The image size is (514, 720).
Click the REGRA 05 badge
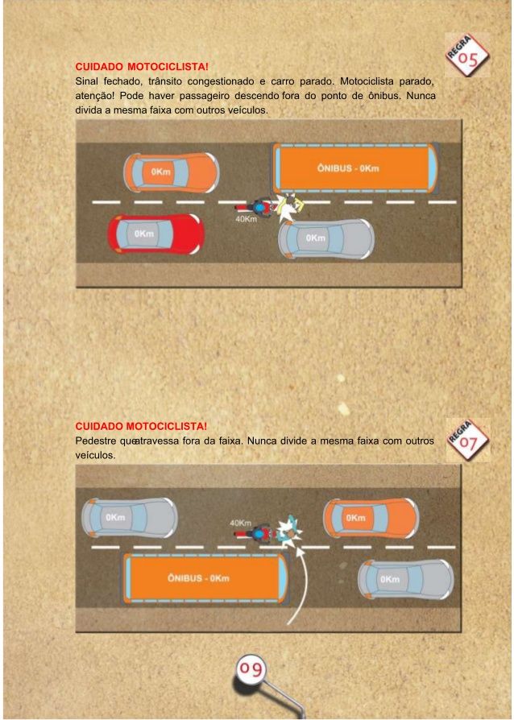click(x=467, y=55)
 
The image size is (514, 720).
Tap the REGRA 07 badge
click(x=468, y=441)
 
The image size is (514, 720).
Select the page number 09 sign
click(x=251, y=669)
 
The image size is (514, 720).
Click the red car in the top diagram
click(x=155, y=234)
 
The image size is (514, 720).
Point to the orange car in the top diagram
click(x=172, y=172)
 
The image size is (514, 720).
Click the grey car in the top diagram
click(x=326, y=238)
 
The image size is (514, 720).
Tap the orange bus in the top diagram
click(x=355, y=168)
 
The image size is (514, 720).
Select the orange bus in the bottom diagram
click(x=205, y=578)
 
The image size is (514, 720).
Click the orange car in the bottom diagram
click(x=371, y=518)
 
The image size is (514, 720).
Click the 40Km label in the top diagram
click(x=247, y=220)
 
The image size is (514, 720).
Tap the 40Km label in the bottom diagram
click(x=240, y=523)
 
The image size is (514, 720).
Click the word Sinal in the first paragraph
click(x=87, y=81)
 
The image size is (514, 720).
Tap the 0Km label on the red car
click(x=143, y=234)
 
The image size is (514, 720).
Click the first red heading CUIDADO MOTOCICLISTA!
click(x=142, y=67)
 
